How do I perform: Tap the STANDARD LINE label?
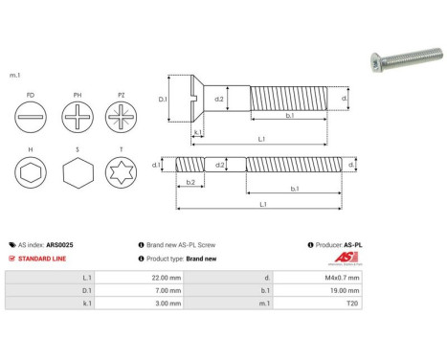42,259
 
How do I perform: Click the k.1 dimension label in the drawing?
196,133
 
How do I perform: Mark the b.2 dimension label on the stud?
190,182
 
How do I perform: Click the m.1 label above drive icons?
14,76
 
